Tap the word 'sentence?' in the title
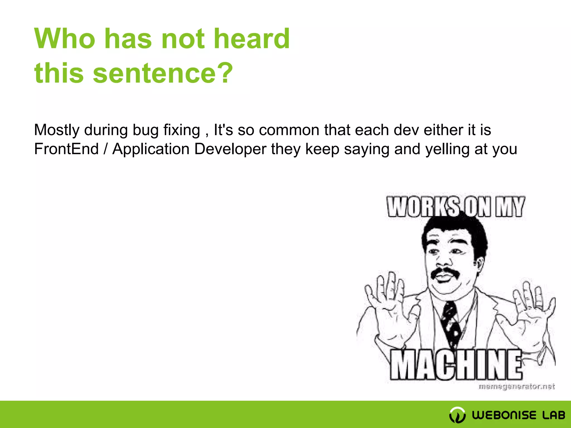tap(163, 73)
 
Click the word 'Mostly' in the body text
tap(57, 130)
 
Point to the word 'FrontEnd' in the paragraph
tap(66, 149)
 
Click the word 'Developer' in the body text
tap(230, 149)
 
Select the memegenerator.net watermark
tap(517, 386)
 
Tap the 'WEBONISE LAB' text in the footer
tap(518, 415)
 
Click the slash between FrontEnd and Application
tap(105, 149)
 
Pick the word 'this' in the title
tap(59, 73)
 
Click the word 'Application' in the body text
tap(151, 149)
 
